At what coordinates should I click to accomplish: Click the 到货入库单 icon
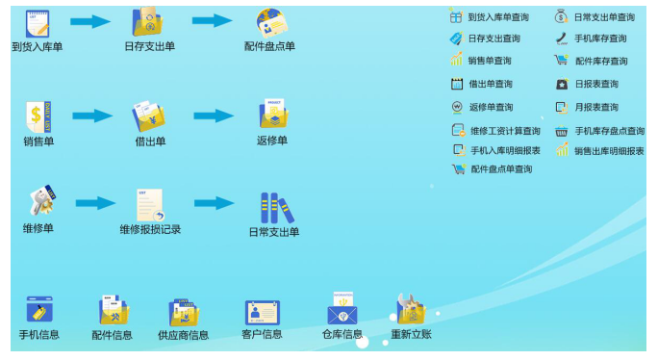(38, 22)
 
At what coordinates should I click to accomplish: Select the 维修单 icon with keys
(39, 202)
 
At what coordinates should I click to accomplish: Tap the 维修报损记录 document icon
(150, 204)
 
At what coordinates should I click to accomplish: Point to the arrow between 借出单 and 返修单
(213, 116)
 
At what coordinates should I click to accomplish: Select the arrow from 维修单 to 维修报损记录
(95, 203)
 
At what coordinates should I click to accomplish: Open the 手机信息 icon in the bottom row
(39, 310)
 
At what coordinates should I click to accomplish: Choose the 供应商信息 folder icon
(183, 312)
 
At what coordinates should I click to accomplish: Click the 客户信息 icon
(262, 311)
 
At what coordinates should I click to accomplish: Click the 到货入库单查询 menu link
(497, 16)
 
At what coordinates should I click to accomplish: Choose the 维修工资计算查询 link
(505, 130)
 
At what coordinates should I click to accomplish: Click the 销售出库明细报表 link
(609, 151)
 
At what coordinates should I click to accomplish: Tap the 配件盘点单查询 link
(501, 169)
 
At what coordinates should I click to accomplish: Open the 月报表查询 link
(596, 107)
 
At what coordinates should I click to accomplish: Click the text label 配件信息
(113, 335)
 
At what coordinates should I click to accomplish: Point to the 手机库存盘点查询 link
(609, 130)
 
